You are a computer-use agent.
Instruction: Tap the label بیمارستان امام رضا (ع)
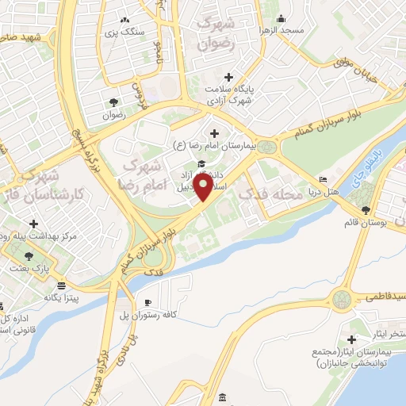[x=215, y=145]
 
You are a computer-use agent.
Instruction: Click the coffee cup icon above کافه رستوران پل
[x=147, y=303]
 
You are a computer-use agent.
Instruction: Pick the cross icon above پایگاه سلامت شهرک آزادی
[x=229, y=77]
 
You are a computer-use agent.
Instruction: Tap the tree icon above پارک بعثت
[x=29, y=255]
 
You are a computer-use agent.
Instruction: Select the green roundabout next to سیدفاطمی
[x=342, y=300]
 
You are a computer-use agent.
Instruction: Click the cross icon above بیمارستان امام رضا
[x=215, y=132]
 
